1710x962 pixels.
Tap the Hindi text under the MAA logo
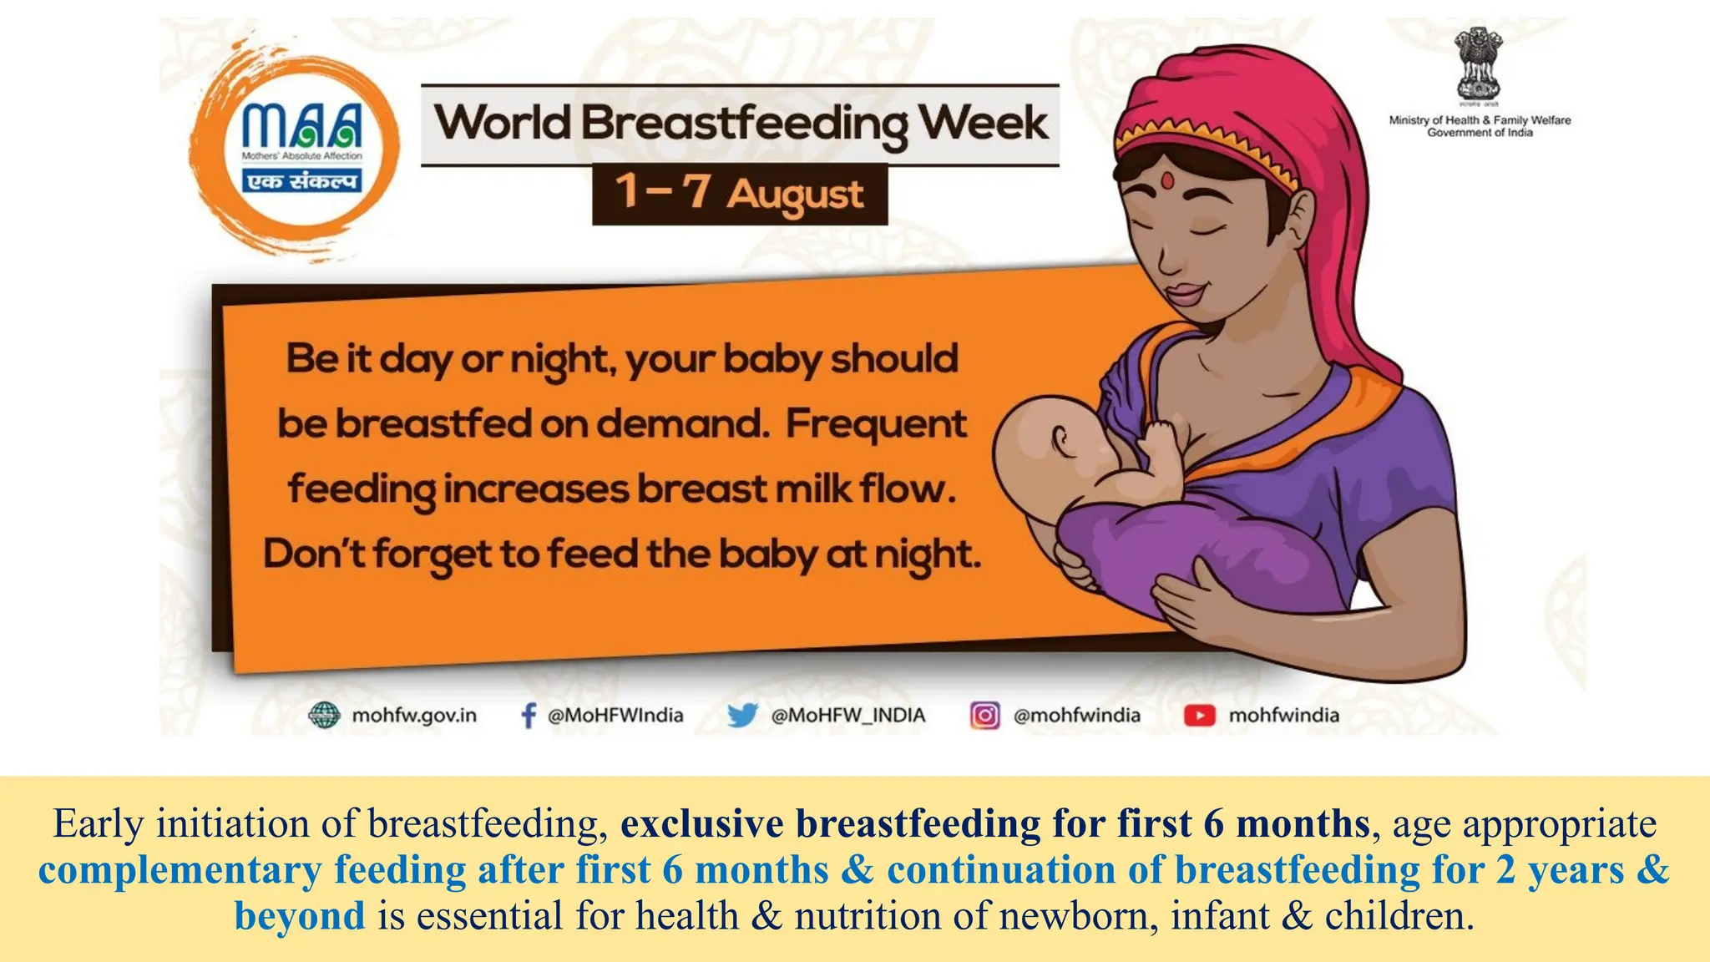coord(302,180)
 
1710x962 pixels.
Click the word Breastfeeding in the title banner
coord(744,124)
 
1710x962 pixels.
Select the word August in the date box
coord(794,195)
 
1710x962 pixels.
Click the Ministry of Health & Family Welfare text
coord(1480,126)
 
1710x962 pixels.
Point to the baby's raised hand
coord(1161,438)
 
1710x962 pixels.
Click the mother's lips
coord(1185,293)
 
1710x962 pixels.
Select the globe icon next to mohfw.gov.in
coord(324,716)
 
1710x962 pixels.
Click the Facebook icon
coord(528,716)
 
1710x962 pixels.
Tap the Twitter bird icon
coord(741,716)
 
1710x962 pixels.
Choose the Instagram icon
coord(984,716)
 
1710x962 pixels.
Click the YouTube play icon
coord(1199,716)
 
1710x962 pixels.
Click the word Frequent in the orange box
coord(875,423)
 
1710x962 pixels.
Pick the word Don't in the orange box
coord(314,554)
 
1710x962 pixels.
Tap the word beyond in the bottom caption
coord(300,915)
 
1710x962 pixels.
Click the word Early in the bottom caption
coord(99,824)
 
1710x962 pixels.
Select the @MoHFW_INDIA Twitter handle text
coord(848,716)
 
